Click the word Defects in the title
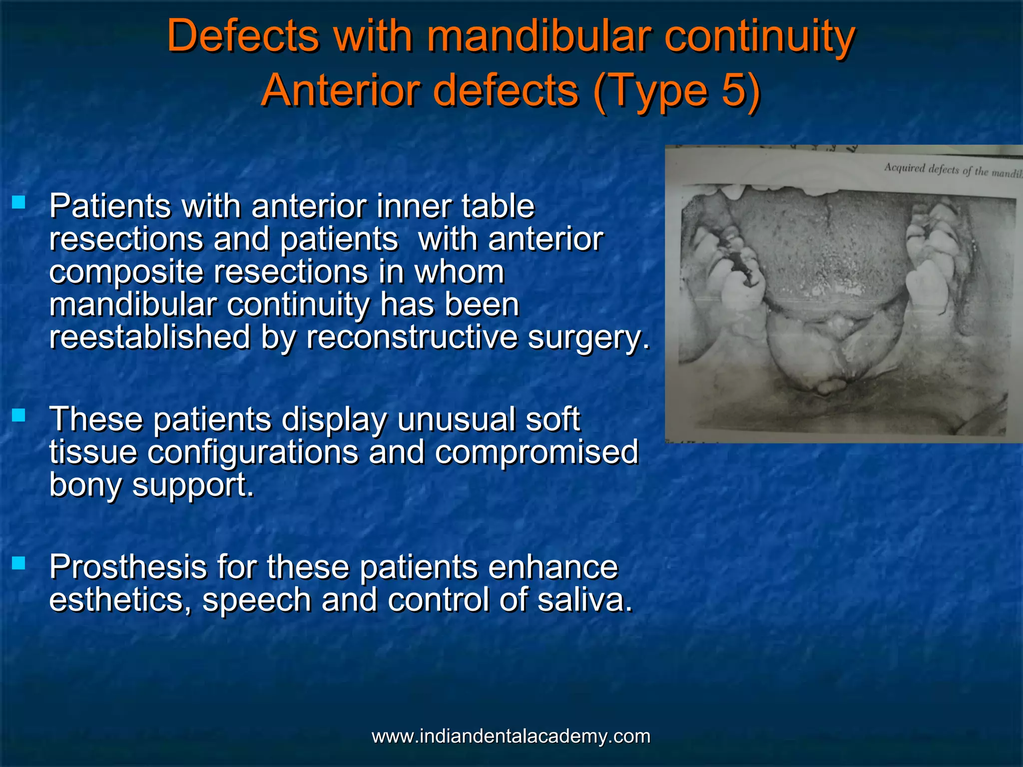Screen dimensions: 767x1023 coord(243,36)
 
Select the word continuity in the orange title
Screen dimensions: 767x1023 coord(759,36)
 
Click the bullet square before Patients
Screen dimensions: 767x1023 coord(18,202)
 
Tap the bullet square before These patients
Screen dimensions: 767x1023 coord(18,415)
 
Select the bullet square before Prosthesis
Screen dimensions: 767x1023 coord(18,563)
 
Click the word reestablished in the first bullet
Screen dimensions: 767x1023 coord(149,337)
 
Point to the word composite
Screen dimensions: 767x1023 coord(126,272)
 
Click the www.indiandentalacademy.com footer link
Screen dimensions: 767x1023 coord(511,736)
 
